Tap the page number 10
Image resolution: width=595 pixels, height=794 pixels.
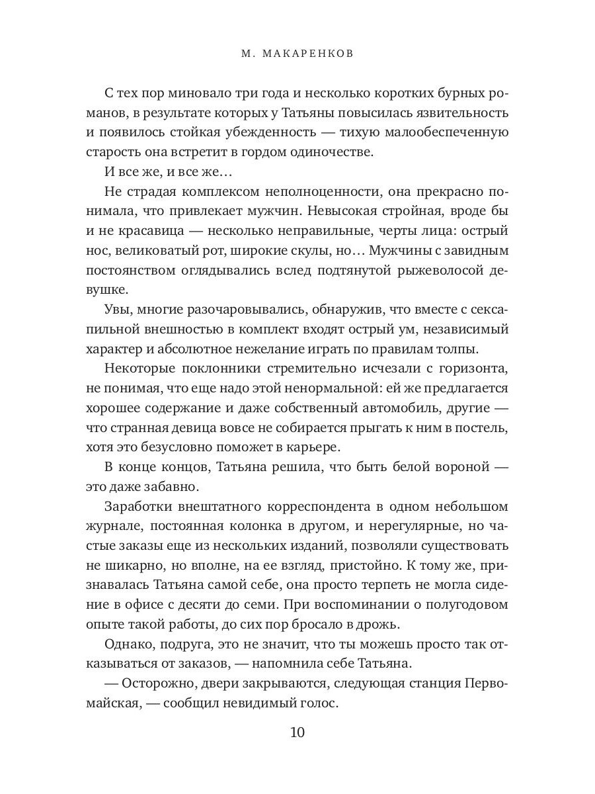297,732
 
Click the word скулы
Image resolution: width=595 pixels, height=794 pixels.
294,251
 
